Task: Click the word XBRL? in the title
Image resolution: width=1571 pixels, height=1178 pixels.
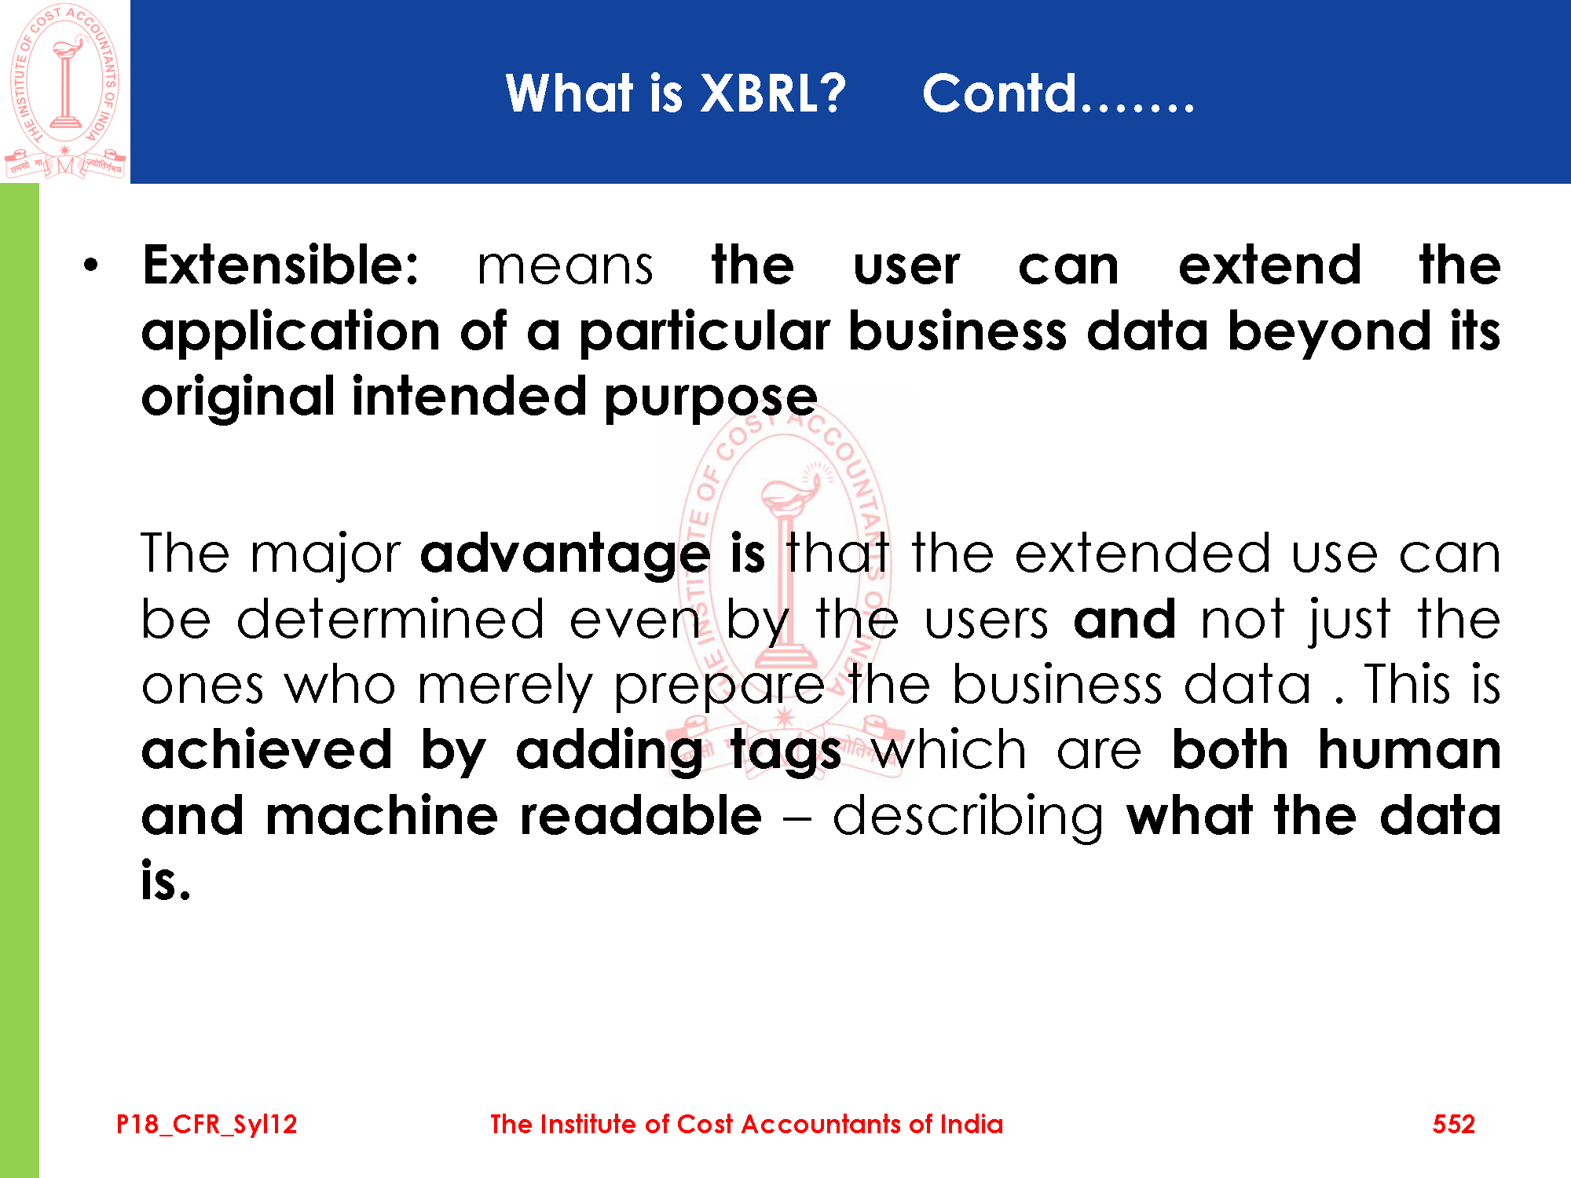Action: pos(772,93)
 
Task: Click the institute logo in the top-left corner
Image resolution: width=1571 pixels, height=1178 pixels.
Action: pos(65,91)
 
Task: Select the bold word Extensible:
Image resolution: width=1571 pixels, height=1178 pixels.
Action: pos(280,265)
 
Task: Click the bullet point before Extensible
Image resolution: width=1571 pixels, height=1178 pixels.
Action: pos(92,265)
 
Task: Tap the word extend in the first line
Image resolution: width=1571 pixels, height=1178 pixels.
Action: pos(1269,265)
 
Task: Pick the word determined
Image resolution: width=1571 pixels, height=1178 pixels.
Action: pos(390,620)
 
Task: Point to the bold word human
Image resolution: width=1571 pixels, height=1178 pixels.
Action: pos(1410,750)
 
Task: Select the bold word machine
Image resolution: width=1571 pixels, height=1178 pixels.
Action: pos(383,816)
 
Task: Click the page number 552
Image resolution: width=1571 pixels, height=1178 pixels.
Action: pos(1454,1124)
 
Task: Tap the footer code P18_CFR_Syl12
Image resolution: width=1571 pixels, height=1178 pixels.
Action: pos(207,1125)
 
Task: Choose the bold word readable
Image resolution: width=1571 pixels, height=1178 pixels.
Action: pos(641,816)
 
